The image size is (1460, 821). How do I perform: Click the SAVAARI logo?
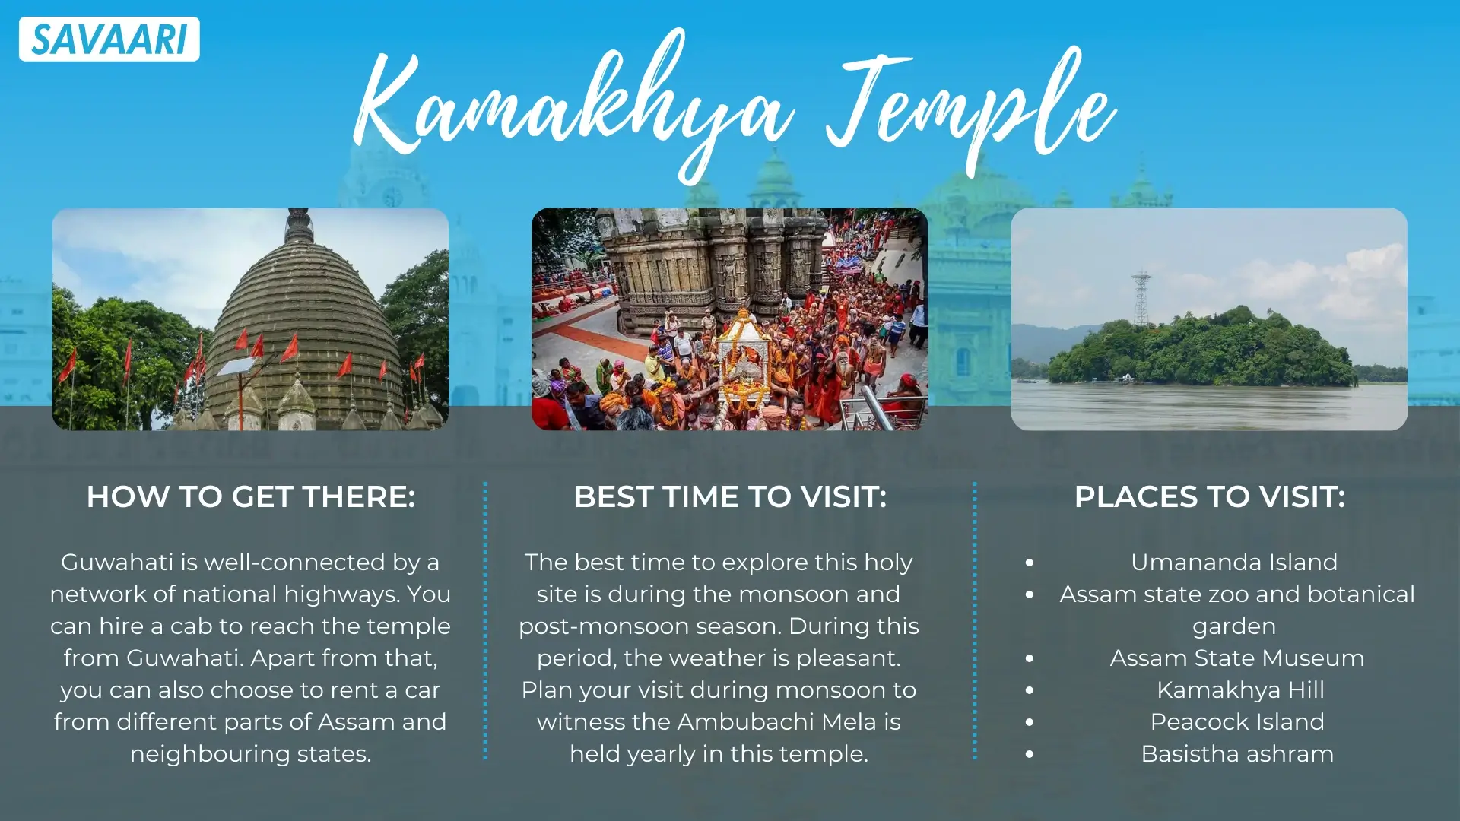[x=109, y=40]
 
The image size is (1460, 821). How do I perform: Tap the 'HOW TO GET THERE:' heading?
[x=250, y=497]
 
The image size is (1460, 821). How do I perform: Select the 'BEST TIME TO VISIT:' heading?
[x=730, y=497]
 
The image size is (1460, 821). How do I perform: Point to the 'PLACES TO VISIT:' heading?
[x=1209, y=497]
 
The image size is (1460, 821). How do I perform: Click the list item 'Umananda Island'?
[x=1233, y=563]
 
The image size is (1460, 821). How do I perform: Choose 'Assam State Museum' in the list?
[x=1236, y=658]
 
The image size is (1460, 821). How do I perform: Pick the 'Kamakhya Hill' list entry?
[x=1240, y=690]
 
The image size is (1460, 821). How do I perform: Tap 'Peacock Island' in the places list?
[x=1237, y=722]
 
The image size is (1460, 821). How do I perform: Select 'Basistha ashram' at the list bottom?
[x=1237, y=754]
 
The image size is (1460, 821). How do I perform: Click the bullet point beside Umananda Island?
[x=1030, y=563]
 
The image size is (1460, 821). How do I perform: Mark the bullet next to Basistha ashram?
[x=1030, y=755]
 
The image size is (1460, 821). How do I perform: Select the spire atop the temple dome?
[x=299, y=225]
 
